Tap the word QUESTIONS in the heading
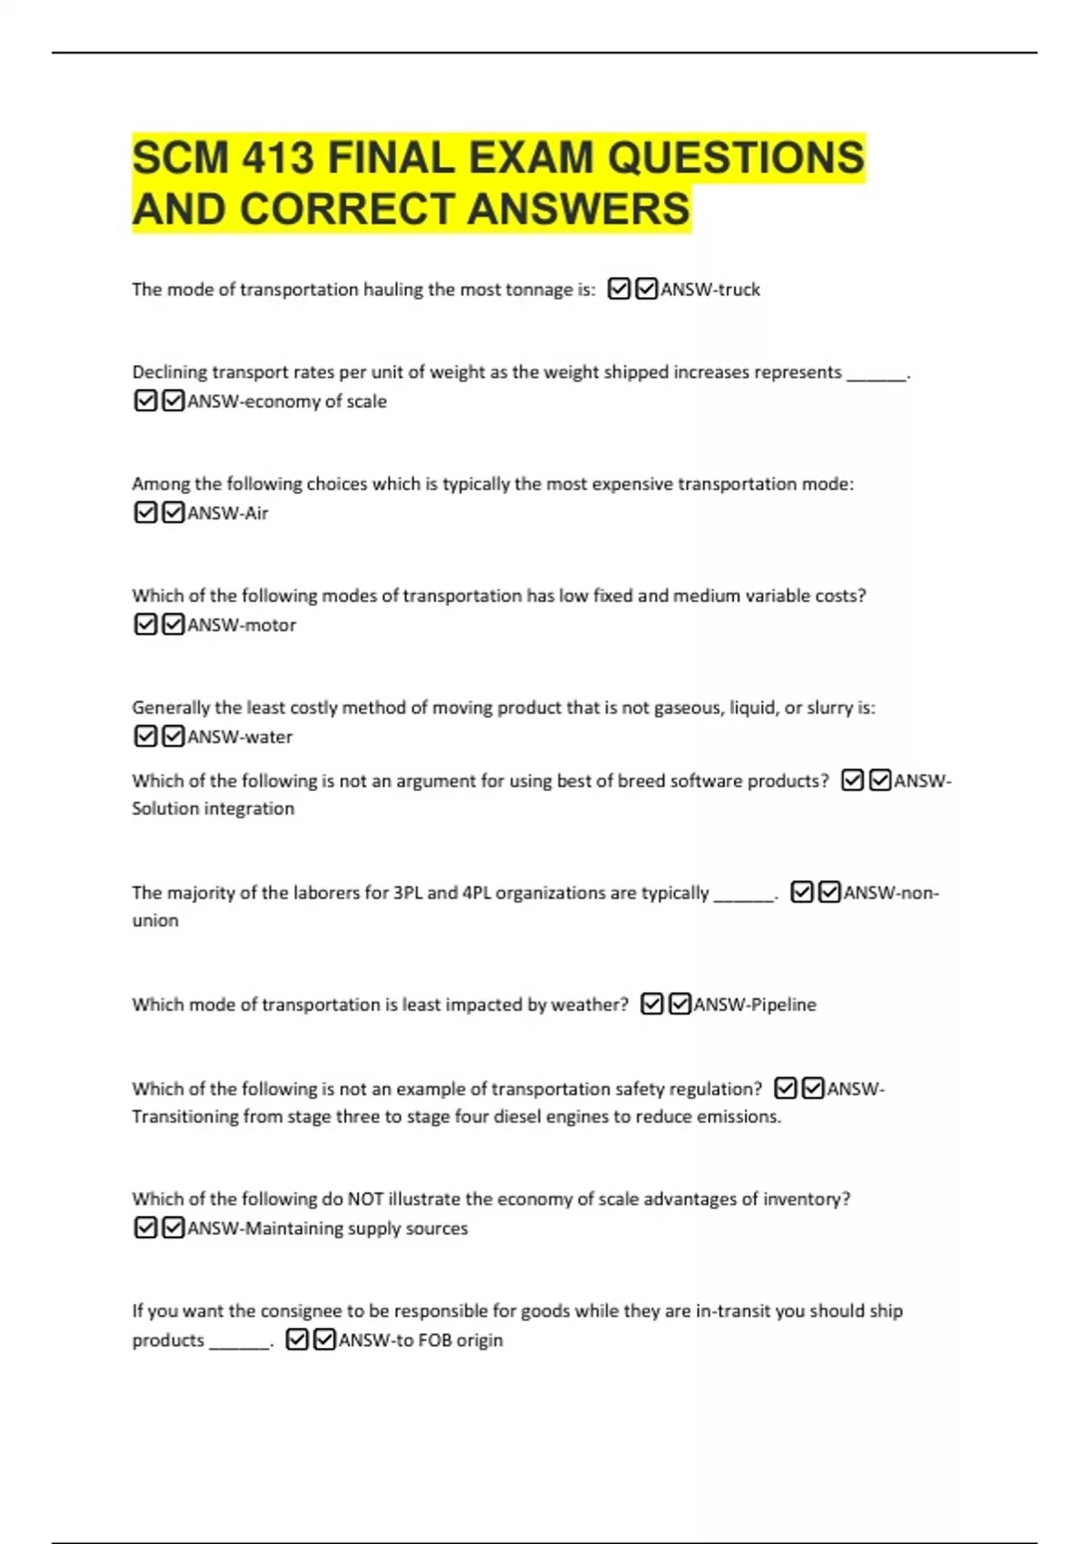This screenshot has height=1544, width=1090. click(x=736, y=158)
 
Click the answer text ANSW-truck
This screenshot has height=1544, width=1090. click(x=710, y=290)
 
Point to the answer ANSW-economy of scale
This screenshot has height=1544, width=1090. click(x=286, y=401)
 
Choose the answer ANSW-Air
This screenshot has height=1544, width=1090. click(x=227, y=513)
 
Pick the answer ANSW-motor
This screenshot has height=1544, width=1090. click(x=242, y=625)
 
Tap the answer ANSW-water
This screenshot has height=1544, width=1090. click(x=240, y=737)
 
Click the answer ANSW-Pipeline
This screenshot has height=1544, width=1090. click(x=754, y=1005)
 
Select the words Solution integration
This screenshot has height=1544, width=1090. click(x=213, y=808)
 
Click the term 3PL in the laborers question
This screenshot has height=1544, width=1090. click(x=407, y=893)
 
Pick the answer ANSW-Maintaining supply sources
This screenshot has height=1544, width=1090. click(x=327, y=1228)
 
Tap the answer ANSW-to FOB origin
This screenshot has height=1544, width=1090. click(x=420, y=1340)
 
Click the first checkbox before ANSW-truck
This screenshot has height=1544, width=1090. click(x=619, y=290)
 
